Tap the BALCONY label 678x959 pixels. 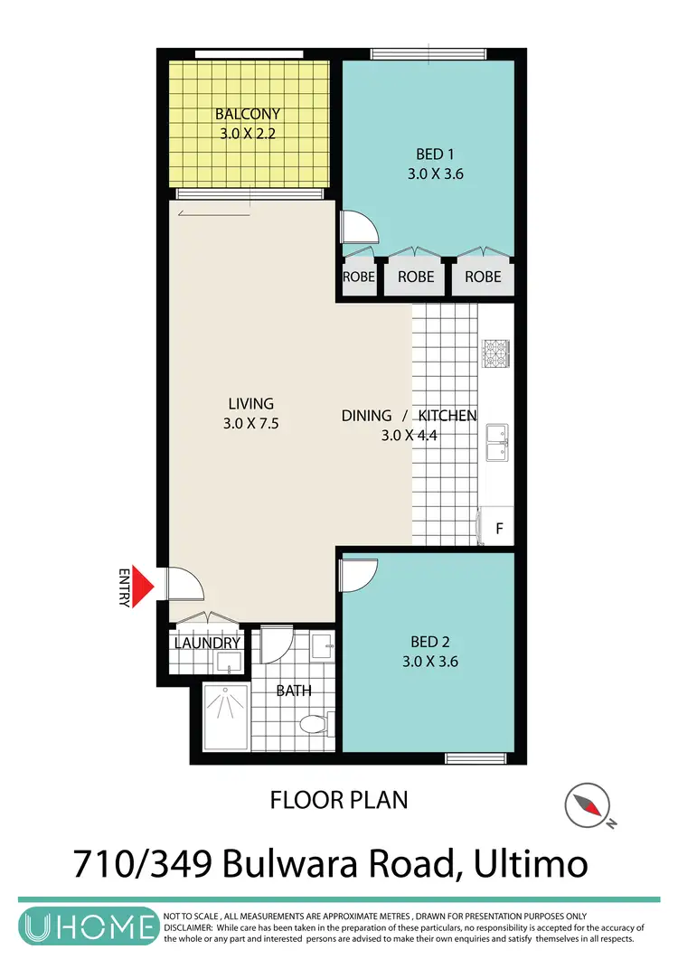pos(247,115)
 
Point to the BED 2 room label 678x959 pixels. pos(430,642)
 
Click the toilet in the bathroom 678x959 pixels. pos(312,724)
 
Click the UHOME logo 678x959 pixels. pos(88,928)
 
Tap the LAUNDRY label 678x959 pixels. pos(207,644)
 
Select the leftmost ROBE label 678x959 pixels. pos(359,277)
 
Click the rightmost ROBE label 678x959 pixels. pos(483,277)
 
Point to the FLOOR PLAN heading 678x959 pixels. pos(339,799)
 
